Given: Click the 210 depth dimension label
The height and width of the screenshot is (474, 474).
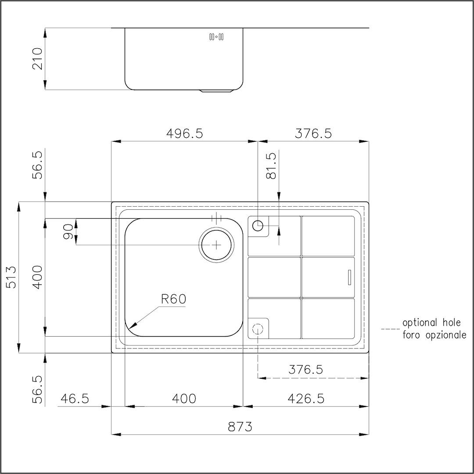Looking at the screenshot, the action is [x=38, y=58].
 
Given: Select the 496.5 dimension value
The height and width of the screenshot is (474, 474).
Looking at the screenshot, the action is [x=184, y=133].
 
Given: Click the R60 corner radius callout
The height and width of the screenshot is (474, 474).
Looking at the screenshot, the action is [x=173, y=299].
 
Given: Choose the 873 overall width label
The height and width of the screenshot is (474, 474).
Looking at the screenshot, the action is [x=240, y=427].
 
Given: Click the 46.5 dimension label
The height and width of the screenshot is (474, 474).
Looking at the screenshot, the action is [x=75, y=399].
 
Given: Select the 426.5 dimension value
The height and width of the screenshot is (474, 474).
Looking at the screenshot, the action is [x=305, y=399].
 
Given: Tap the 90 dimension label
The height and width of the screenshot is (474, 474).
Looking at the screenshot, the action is [x=68, y=232].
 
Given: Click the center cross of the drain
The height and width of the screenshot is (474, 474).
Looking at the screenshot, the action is [x=216, y=244].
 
